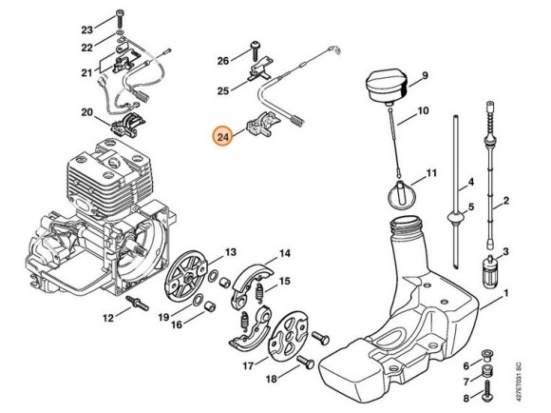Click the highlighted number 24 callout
pyautogui.click(x=223, y=137)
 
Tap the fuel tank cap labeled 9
pyautogui.click(x=388, y=88)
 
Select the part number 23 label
pyautogui.click(x=87, y=29)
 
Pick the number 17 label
pyautogui.click(x=248, y=365)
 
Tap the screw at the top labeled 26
pyautogui.click(x=255, y=50)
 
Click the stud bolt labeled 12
pyautogui.click(x=138, y=303)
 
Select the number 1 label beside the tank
pyautogui.click(x=506, y=293)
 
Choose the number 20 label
pyautogui.click(x=87, y=112)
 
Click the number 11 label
pyautogui.click(x=431, y=173)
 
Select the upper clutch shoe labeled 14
pyautogui.click(x=252, y=285)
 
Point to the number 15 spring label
pyautogui.click(x=285, y=281)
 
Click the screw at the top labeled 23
pyautogui.click(x=120, y=19)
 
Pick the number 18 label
pyautogui.click(x=271, y=379)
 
